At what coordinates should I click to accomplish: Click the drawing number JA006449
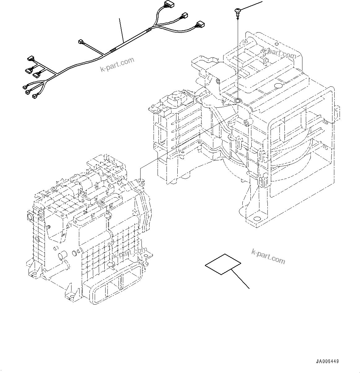click(x=327, y=362)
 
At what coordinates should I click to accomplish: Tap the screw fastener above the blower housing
click(x=237, y=12)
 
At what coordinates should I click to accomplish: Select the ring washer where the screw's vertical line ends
click(x=238, y=101)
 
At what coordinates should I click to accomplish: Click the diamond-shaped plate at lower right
click(x=223, y=264)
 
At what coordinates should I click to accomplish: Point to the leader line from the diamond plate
click(x=241, y=279)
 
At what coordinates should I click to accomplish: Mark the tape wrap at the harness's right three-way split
click(x=150, y=30)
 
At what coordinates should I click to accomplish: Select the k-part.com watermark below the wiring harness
click(x=117, y=64)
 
